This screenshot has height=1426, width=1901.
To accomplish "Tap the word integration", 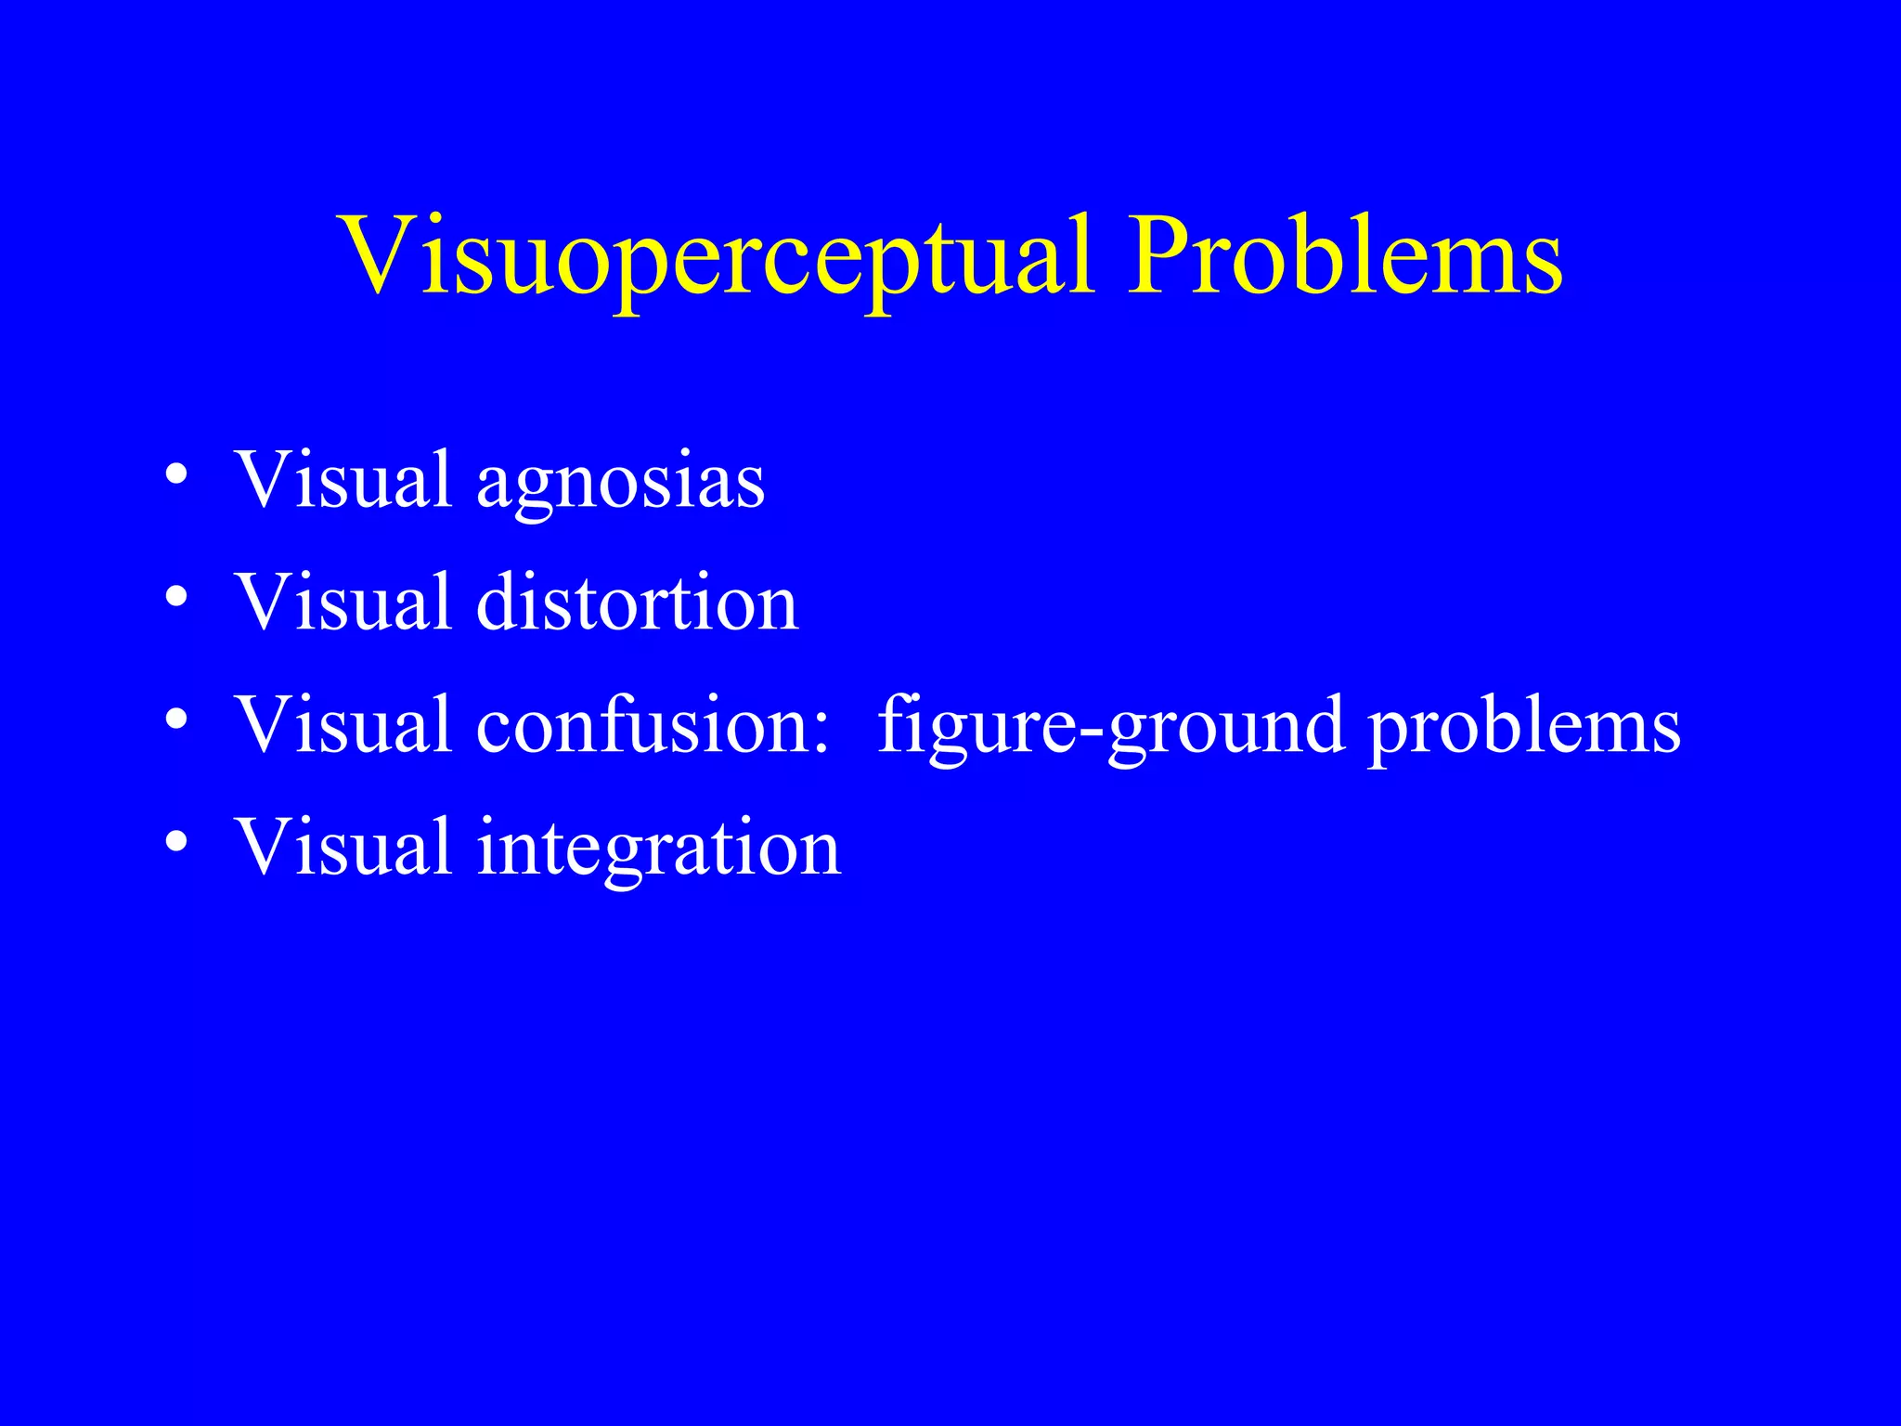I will click(658, 849).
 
